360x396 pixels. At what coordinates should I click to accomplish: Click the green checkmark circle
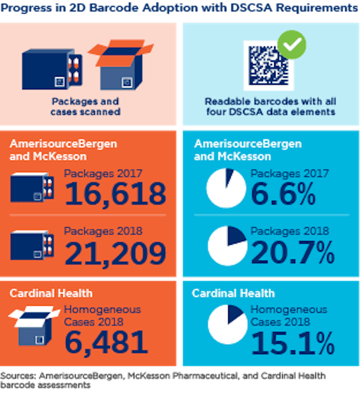292,45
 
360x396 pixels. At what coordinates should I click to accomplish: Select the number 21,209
115,253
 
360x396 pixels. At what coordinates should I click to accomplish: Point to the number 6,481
106,342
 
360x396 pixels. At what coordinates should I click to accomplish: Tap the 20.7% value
292,253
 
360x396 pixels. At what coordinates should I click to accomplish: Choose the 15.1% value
292,343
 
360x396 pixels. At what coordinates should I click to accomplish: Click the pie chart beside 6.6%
226,188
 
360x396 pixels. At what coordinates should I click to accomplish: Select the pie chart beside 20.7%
227,246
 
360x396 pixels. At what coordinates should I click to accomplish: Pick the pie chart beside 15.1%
227,325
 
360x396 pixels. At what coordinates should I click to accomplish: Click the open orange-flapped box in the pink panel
122,65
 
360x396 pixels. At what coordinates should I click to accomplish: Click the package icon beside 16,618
32,187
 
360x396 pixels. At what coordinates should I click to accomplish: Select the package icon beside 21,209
32,245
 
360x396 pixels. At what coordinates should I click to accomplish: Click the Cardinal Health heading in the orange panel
51,293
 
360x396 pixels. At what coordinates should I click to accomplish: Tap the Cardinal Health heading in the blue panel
233,293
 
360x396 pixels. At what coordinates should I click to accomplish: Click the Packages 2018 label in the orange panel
103,231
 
